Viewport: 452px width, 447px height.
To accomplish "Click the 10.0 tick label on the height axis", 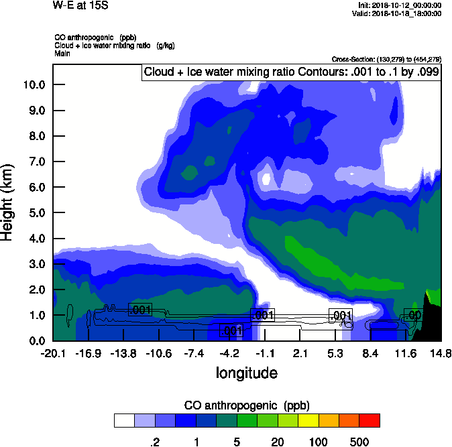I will click(34, 84).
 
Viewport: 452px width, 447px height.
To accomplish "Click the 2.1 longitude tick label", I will click(300, 353).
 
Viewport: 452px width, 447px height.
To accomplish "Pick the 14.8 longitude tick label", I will click(441, 353).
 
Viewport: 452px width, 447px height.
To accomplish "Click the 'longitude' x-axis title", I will click(246, 372).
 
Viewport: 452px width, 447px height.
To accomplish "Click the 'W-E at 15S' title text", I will click(80, 6).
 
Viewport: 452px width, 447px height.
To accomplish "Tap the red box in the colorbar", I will click(370, 420).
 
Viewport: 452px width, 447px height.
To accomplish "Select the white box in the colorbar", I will click(124, 420).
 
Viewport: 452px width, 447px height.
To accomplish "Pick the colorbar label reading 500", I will click(359, 442).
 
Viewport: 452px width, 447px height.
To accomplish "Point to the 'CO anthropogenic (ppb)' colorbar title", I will click(246, 405).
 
